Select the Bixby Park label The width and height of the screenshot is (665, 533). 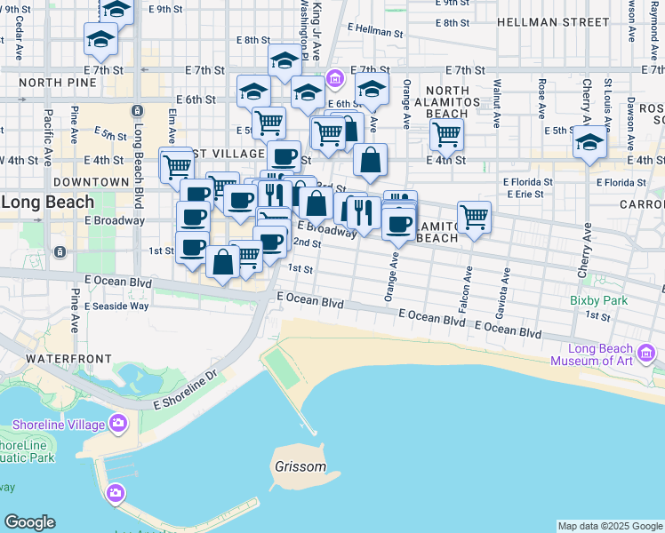pyautogui.click(x=599, y=300)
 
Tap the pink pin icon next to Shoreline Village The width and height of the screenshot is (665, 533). pyautogui.click(x=116, y=423)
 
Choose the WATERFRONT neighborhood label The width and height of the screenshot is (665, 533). pyautogui.click(x=68, y=358)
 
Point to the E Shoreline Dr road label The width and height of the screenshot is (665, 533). pyautogui.click(x=186, y=390)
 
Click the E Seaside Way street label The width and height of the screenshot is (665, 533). pyautogui.click(x=116, y=306)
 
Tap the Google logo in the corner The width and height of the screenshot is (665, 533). pyautogui.click(x=29, y=522)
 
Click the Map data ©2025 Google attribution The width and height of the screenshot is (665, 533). pyautogui.click(x=610, y=526)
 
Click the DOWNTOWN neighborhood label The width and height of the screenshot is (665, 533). pyautogui.click(x=91, y=182)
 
